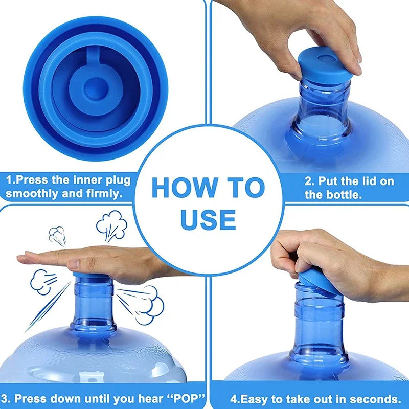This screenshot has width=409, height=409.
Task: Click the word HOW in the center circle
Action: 185,187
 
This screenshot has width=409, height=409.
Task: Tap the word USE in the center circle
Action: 208,219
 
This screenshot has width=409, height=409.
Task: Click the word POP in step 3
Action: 185,399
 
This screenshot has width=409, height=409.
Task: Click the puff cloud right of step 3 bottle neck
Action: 146,304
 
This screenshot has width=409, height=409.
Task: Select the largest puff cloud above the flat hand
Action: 111,226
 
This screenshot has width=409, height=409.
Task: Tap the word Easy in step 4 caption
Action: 253,399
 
